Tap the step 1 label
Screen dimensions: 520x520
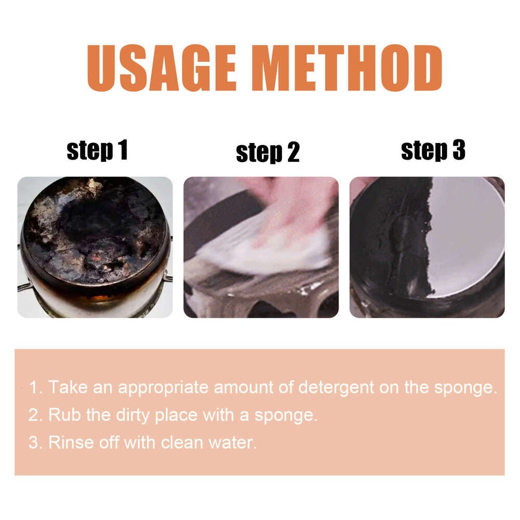click(x=97, y=150)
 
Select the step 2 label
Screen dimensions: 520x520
click(x=267, y=153)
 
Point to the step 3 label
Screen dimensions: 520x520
click(x=433, y=150)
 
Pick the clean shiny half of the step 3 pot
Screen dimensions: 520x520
click(x=465, y=234)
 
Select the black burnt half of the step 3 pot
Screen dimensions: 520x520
click(x=395, y=244)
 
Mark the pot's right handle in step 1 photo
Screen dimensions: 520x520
click(x=167, y=278)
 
